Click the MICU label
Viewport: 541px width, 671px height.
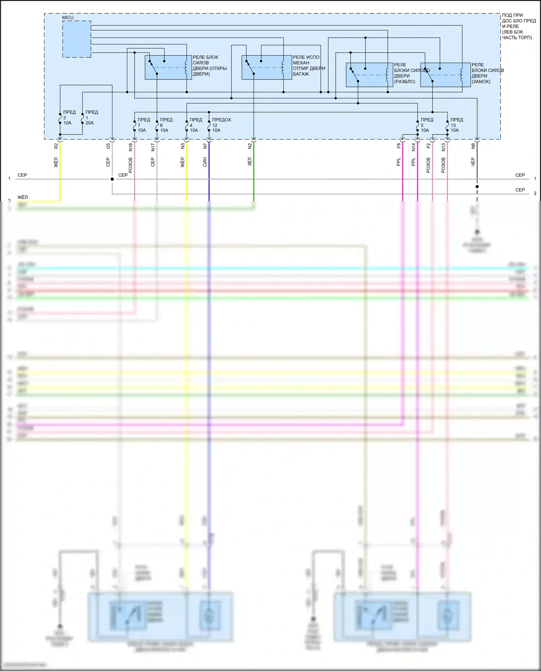click(x=68, y=18)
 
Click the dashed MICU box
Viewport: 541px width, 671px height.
click(x=76, y=39)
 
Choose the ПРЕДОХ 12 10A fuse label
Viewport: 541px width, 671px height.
click(x=221, y=125)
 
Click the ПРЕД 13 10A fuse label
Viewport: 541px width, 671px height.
click(x=456, y=125)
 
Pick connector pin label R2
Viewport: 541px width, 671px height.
click(x=56, y=146)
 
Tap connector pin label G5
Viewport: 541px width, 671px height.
click(x=108, y=146)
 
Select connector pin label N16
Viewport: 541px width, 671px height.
click(x=131, y=147)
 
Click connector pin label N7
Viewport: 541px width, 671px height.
click(x=205, y=146)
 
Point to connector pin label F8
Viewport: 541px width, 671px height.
click(x=399, y=146)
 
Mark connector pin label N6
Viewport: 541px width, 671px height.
click(x=473, y=146)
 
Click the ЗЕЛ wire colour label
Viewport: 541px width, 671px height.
click(x=250, y=162)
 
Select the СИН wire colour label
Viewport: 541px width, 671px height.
click(x=205, y=162)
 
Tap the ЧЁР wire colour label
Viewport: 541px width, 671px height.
click(x=473, y=162)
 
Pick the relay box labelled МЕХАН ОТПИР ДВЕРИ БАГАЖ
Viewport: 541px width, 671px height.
click(x=266, y=67)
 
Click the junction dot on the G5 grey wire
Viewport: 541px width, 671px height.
click(x=112, y=179)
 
